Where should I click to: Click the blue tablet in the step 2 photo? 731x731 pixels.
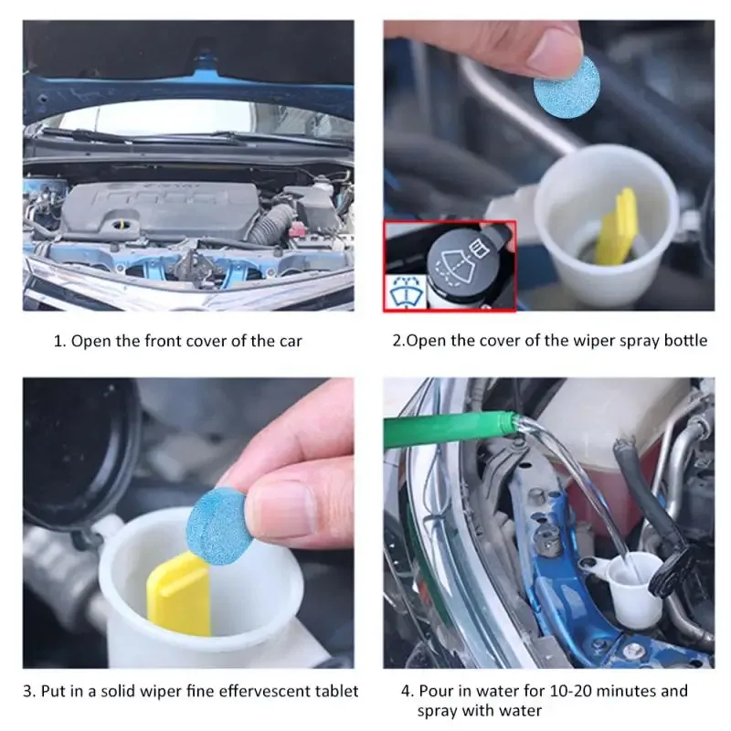[566, 85]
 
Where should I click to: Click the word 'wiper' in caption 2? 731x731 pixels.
[575, 341]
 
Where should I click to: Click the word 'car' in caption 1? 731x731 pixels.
[288, 341]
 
